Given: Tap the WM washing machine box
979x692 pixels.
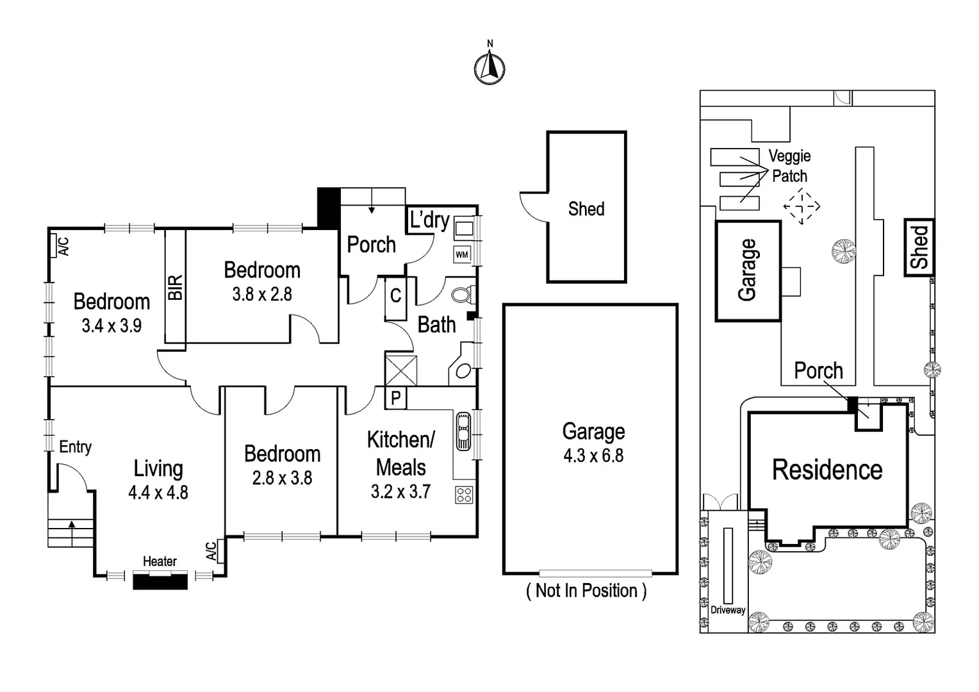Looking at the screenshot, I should [x=462, y=254].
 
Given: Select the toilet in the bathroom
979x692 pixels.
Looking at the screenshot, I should [x=463, y=295].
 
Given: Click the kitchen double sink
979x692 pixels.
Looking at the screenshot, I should [x=463, y=432].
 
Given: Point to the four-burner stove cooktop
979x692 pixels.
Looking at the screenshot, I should [x=464, y=494].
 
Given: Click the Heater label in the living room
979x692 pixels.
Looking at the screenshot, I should [x=160, y=561].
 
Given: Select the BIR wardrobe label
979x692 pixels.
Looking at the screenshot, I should [x=176, y=288].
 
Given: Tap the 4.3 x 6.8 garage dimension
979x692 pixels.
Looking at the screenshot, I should [x=593, y=456].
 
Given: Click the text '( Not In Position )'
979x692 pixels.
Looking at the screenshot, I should [x=586, y=590].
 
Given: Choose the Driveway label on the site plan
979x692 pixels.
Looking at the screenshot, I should [x=728, y=610].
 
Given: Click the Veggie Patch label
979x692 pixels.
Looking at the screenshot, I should [x=789, y=166].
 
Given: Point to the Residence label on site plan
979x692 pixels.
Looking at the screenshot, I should [x=827, y=470].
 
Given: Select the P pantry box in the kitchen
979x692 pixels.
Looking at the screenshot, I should [x=395, y=398].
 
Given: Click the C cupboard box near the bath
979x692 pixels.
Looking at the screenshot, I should [x=395, y=296].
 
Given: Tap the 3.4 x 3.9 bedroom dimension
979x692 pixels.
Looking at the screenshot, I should [x=111, y=325].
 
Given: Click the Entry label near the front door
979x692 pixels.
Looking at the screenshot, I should [x=75, y=447].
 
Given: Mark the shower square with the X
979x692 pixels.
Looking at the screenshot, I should [x=401, y=370].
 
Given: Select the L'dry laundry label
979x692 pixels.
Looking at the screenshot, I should [x=429, y=220].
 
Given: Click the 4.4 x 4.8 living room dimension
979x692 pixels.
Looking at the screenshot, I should [x=158, y=492].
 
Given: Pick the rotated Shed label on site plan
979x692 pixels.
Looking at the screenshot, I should [x=919, y=247].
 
